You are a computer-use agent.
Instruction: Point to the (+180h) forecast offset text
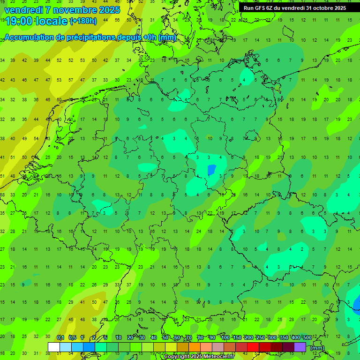pyautogui.click(x=83, y=21)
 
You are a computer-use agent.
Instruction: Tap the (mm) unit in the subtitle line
pyautogui.click(x=167, y=37)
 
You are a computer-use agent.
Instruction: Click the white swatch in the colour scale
pyautogui.click(x=54, y=347)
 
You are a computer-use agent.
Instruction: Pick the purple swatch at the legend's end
pyautogui.click(x=300, y=347)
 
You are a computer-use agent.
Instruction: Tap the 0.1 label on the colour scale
pyautogui.click(x=60, y=338)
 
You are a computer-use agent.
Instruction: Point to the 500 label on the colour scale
pyautogui.click(x=307, y=338)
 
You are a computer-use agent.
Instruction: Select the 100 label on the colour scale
pyautogui.click(x=225, y=338)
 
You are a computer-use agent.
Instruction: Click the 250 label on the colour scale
pyautogui.click(x=260, y=338)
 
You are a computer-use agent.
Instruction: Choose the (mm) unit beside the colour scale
pyautogui.click(x=317, y=348)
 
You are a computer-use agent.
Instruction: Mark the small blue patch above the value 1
pyautogui.click(x=211, y=169)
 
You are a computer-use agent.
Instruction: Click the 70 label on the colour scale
pyautogui.click(x=188, y=338)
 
